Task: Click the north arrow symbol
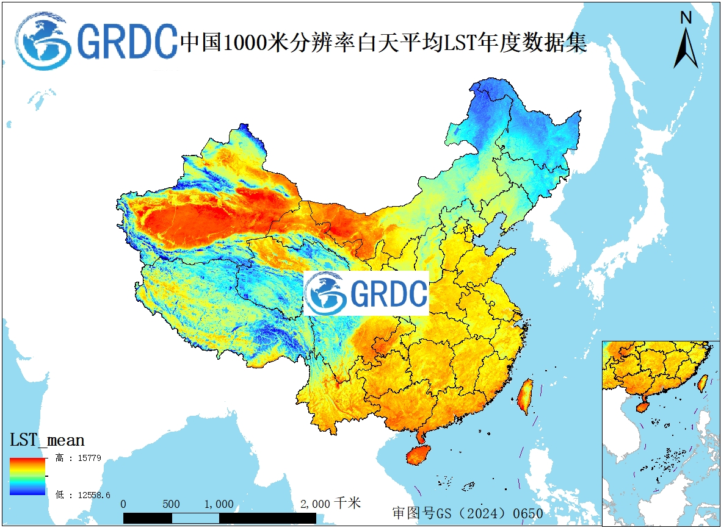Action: coord(686,48)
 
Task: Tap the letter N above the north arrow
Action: coord(686,18)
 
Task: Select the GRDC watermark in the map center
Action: coord(366,293)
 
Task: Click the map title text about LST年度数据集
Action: coord(383,43)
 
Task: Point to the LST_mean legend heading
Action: coord(47,440)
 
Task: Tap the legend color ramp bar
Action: coord(27,476)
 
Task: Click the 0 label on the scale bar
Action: coord(124,504)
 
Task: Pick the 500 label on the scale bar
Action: coord(172,504)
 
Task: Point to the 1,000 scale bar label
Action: coord(219,504)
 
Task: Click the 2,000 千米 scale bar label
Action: coord(330,504)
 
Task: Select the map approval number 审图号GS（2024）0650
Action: coord(468,513)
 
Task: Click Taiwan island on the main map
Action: coord(525,396)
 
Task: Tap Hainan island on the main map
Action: coord(418,455)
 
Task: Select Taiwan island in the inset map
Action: coord(703,382)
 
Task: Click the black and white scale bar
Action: coord(220,518)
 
